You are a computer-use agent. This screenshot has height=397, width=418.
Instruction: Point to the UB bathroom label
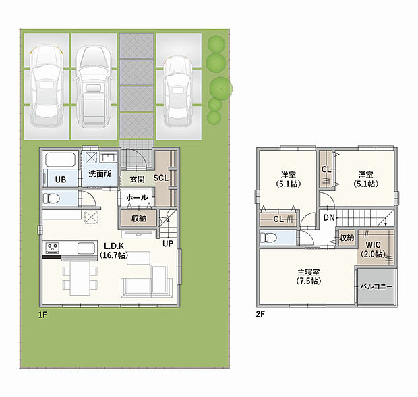(x=60, y=179)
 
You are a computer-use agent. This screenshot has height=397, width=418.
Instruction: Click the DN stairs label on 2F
(x=328, y=218)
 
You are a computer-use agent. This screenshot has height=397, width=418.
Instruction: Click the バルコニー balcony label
(x=376, y=286)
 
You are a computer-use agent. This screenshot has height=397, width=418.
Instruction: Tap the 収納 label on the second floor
(x=347, y=238)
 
